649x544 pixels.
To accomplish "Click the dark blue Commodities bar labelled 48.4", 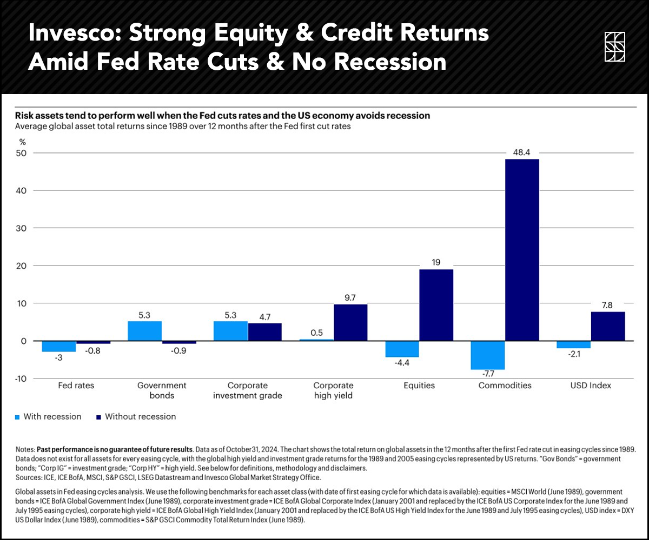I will (x=521, y=250).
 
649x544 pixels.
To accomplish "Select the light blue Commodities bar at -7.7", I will (x=488, y=355).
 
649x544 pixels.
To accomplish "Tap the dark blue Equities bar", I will (x=436, y=305).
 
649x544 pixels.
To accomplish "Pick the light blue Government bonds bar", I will (x=144, y=331).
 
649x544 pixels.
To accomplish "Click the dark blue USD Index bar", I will (x=608, y=326).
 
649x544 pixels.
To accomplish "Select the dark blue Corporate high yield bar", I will (x=350, y=322).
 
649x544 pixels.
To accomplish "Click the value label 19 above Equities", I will (x=436, y=262).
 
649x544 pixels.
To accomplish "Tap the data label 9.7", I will (x=350, y=297).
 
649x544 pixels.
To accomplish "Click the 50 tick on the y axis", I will (x=22, y=153).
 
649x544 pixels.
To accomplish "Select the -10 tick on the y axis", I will (x=21, y=379).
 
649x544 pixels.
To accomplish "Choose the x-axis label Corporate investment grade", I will (x=248, y=390).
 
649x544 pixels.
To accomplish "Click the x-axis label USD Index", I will (x=591, y=386).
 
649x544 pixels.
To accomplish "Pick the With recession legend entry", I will (x=48, y=416).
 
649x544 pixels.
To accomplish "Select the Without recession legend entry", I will (x=136, y=416).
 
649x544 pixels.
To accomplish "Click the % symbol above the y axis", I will (x=22, y=142).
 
